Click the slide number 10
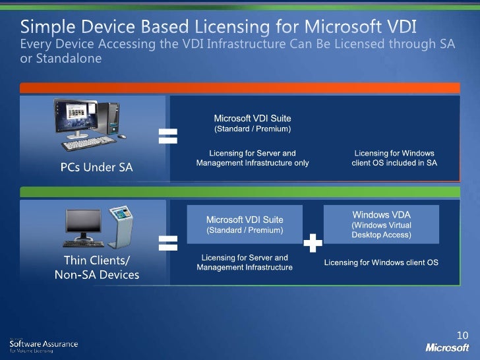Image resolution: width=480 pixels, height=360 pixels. [x=462, y=335]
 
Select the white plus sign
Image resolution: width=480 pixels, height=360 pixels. [x=313, y=244]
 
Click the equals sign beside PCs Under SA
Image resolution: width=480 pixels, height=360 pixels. [x=168, y=136]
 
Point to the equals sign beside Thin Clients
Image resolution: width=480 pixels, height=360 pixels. [x=168, y=243]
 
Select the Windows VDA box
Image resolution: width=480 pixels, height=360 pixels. [x=381, y=225]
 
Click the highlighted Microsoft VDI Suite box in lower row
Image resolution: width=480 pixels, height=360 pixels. [x=245, y=225]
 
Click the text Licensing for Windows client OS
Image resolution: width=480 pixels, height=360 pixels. [x=381, y=262]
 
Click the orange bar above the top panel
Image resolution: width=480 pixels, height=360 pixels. [x=240, y=88]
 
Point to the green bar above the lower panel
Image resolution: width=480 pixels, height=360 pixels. [x=240, y=192]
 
